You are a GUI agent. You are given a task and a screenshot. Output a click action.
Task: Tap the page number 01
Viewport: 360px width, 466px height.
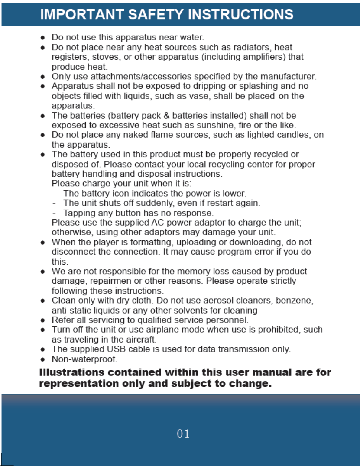tap(183, 434)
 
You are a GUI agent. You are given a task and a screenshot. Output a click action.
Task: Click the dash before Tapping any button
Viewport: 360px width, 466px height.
tap(54, 213)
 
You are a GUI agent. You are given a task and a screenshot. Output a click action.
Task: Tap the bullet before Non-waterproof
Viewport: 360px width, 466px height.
tap(43, 359)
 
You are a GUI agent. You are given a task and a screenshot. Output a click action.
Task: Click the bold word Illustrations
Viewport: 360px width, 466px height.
tap(71, 372)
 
